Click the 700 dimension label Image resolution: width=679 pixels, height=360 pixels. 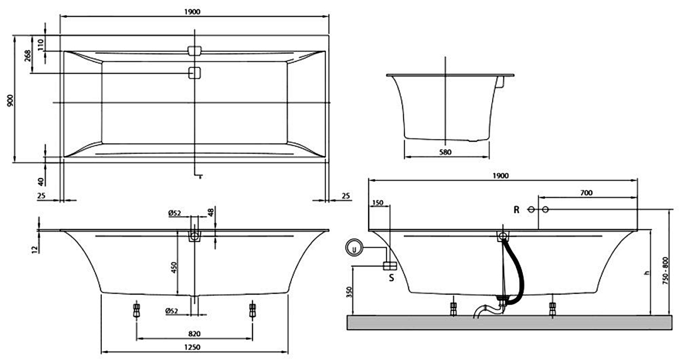(586, 193)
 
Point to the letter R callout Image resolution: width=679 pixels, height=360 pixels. (516, 210)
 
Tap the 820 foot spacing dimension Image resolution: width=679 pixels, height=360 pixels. (194, 333)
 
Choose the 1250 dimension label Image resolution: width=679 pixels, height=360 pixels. (194, 347)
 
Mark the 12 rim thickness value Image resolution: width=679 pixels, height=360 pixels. (35, 250)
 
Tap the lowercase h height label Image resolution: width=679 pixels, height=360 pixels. (647, 273)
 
